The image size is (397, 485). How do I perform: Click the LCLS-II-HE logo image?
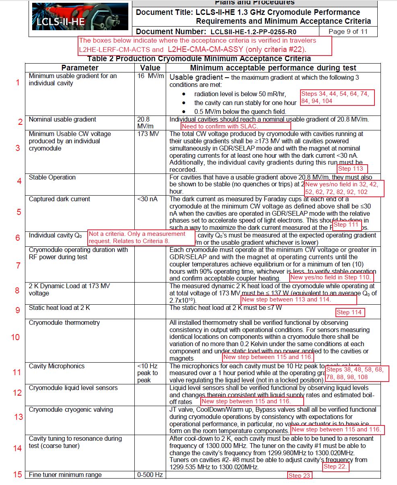(80, 17)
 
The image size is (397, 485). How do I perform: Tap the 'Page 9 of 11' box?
(348, 32)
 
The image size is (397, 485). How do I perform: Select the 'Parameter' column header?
(80, 68)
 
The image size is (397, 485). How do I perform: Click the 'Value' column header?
(150, 68)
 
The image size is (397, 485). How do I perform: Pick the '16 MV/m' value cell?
(150, 76)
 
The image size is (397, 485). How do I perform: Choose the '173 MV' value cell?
(148, 134)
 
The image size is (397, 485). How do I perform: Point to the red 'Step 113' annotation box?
(352, 169)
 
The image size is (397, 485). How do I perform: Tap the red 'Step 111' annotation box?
(347, 225)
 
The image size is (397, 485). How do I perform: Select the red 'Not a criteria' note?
(141, 237)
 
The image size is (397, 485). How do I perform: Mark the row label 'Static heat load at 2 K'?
(59, 308)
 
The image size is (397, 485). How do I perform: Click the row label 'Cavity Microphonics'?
(57, 366)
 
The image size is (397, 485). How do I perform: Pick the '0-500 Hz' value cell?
(150, 475)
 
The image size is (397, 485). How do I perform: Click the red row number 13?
(19, 417)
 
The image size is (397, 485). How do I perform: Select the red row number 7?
(18, 266)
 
